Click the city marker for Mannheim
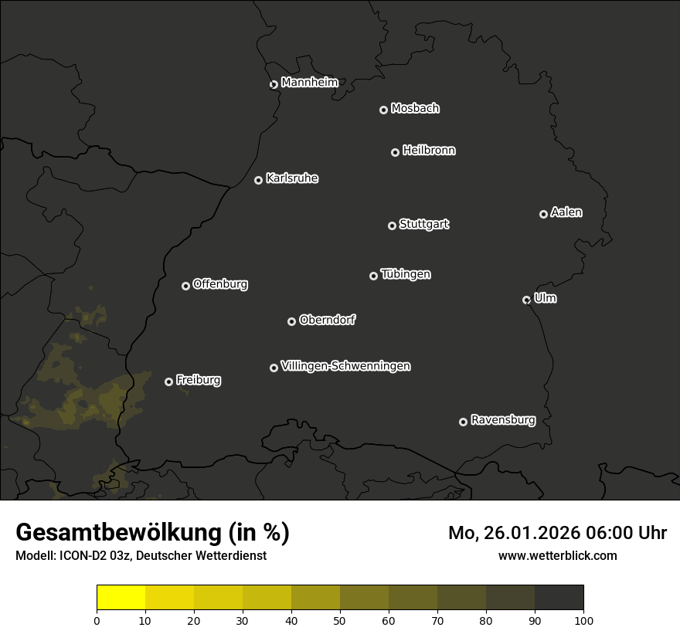click(274, 85)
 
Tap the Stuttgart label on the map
click(423, 225)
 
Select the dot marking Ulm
click(526, 300)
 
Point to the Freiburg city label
click(198, 380)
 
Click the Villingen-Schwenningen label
click(345, 366)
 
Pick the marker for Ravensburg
click(463, 422)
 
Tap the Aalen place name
click(566, 212)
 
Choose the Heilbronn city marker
click(395, 152)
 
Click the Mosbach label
click(415, 109)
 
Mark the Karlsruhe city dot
click(258, 180)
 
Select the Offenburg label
click(220, 284)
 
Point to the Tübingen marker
click(373, 276)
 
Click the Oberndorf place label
click(327, 320)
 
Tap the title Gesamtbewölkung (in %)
click(152, 533)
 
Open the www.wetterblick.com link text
click(557, 555)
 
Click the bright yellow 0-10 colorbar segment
click(121, 598)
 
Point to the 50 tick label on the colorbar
click(340, 619)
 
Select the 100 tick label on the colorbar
click(583, 619)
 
